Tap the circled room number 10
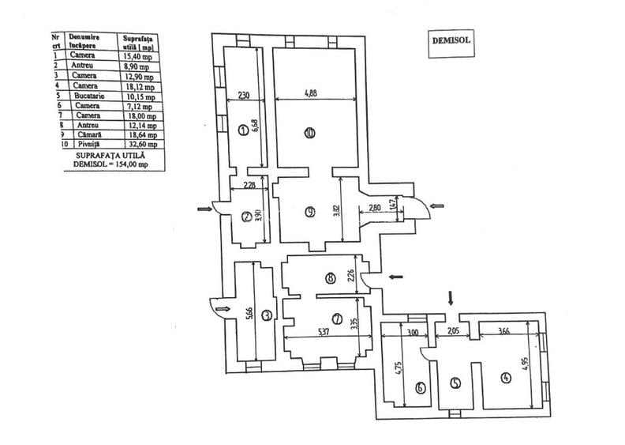(x=309, y=134)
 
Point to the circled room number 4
(x=504, y=377)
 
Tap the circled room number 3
(x=268, y=315)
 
